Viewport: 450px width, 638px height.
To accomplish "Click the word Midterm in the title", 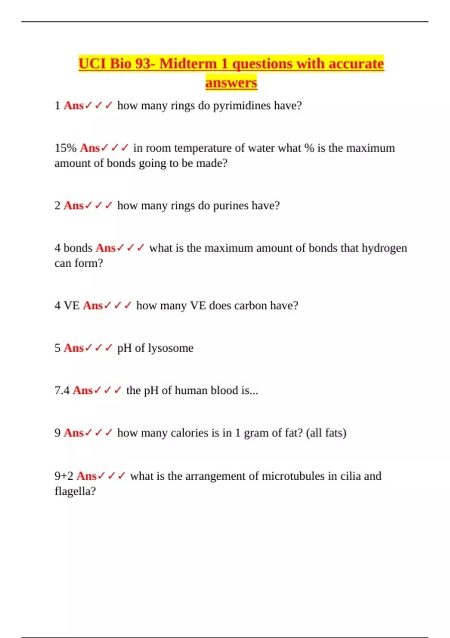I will coord(188,64).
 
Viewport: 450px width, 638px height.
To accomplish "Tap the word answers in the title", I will coord(231,83).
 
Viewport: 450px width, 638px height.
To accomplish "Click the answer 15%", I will coord(65,148).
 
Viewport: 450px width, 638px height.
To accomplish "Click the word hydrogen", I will coord(384,248).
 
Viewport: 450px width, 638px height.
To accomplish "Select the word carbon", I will coord(250,305).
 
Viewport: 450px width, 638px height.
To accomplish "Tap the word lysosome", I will coord(171,348).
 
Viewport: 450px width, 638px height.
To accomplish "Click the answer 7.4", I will coord(62,391).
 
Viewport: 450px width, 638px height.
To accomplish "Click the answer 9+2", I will coord(64,476).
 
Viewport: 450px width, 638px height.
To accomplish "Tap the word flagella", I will coord(75,491).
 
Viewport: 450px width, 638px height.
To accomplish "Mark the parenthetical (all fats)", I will coord(326,433).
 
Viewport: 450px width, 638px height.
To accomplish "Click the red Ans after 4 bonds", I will coord(105,248).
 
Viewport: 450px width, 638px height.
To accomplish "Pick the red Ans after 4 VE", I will coord(93,305).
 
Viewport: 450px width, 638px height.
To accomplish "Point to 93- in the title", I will coord(145,64).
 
